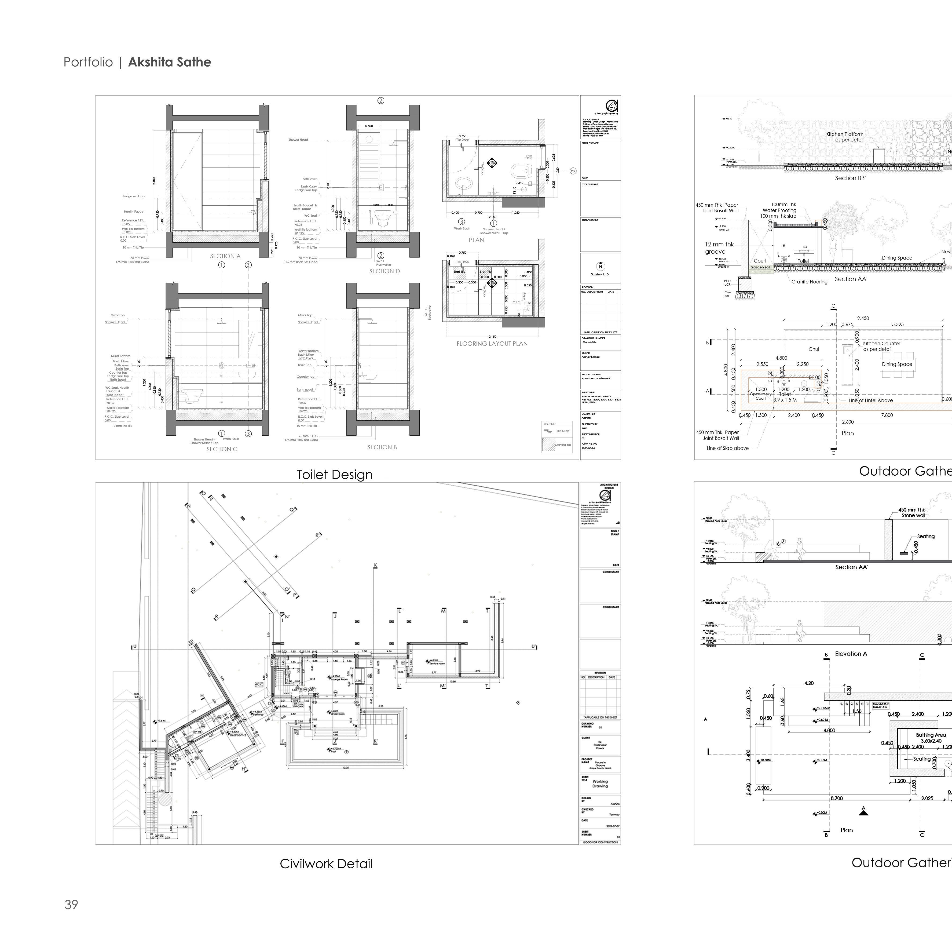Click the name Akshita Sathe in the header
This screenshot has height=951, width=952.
point(170,62)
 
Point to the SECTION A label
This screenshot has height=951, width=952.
point(225,256)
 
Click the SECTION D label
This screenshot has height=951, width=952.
point(384,271)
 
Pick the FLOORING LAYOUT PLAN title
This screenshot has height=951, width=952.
point(492,344)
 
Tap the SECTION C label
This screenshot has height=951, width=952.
point(222,449)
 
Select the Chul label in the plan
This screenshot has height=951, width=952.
point(814,349)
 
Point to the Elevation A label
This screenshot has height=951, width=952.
point(851,654)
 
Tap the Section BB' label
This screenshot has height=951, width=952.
point(850,178)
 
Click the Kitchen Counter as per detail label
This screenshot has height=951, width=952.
point(881,346)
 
